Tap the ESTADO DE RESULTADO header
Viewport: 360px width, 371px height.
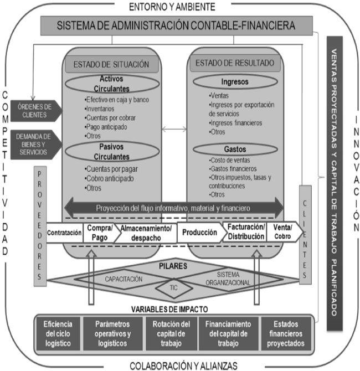pos(235,63)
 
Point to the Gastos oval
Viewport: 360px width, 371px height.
pos(234,149)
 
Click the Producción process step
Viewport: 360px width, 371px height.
pos(200,233)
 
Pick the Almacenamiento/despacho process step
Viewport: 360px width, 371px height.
pos(145,233)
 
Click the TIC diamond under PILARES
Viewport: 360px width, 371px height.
pos(173,287)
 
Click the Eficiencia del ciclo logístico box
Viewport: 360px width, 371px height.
pos(57,333)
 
